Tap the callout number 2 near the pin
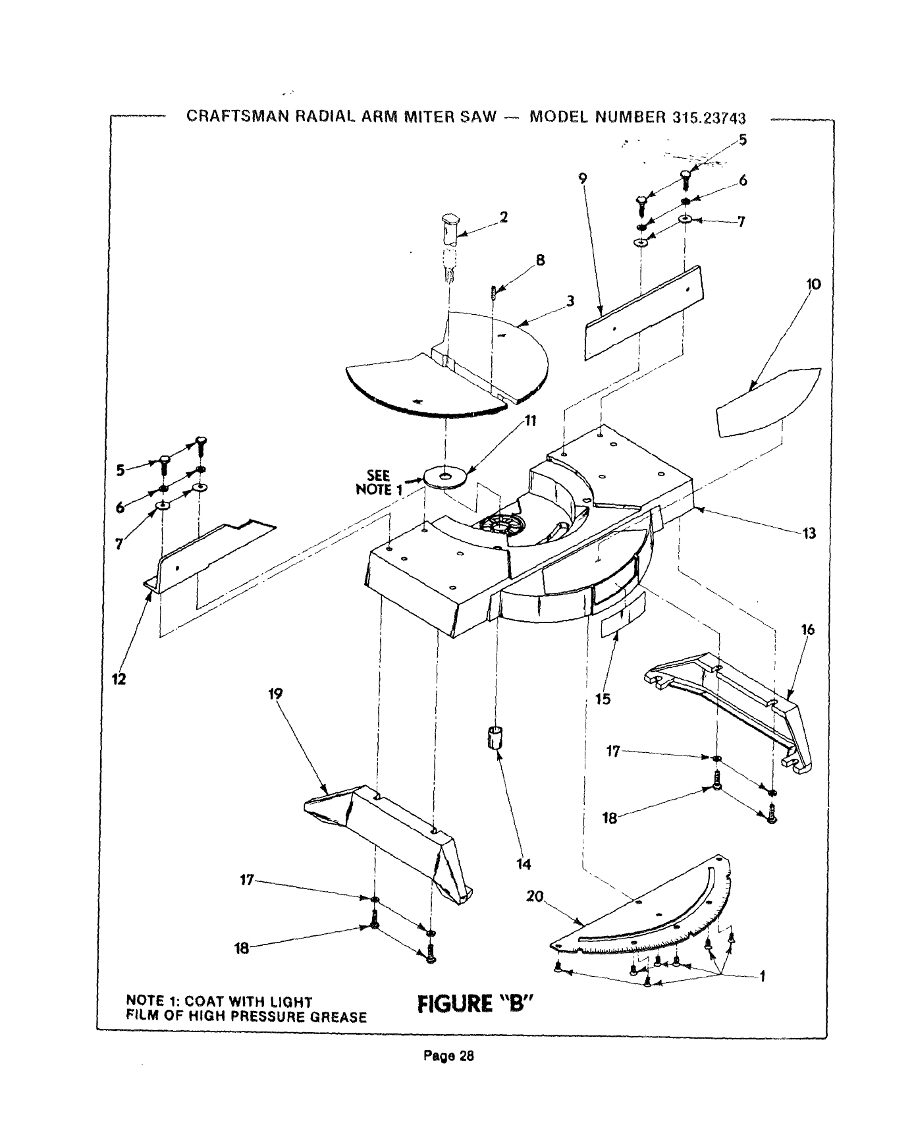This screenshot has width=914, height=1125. (x=504, y=217)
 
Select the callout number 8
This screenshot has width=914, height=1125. (x=540, y=260)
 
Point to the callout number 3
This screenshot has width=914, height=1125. (x=570, y=301)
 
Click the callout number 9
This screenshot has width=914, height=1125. (x=582, y=177)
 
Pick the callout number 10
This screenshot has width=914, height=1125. (x=813, y=285)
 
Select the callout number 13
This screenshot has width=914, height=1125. (x=809, y=534)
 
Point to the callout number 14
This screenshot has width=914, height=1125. (x=524, y=864)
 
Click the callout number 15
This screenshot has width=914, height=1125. (x=603, y=699)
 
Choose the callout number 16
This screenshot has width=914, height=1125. (x=808, y=630)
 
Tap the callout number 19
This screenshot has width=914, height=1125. (x=275, y=694)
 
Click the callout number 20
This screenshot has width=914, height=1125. (x=535, y=896)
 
